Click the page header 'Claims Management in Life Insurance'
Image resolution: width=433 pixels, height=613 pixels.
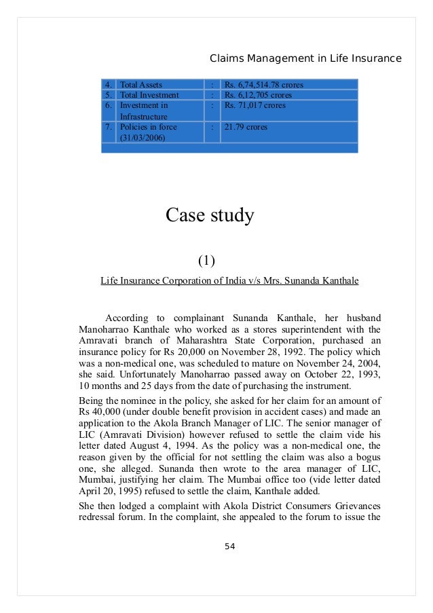(305, 58)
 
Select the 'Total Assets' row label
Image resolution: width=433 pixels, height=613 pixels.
(140, 86)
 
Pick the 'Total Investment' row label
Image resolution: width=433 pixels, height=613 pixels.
(149, 96)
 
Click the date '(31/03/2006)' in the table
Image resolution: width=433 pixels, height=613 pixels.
(142, 138)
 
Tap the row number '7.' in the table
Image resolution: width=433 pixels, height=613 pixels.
(109, 127)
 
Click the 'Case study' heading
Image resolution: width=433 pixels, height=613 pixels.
(210, 216)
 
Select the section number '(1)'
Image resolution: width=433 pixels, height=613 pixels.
(206, 261)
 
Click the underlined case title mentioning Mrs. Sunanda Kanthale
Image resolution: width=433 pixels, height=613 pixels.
(229, 280)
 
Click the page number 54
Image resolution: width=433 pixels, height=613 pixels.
(229, 546)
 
